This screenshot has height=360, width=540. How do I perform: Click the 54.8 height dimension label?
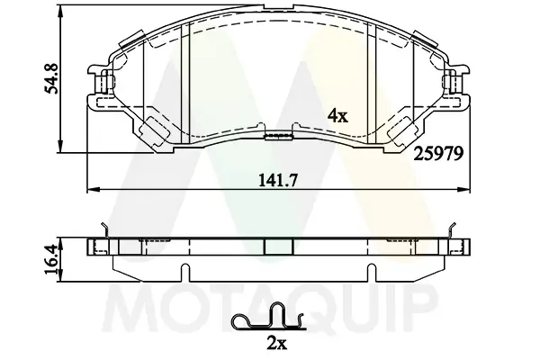tap(40, 79)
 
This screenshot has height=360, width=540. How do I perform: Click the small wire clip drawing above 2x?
tap(267, 319)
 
